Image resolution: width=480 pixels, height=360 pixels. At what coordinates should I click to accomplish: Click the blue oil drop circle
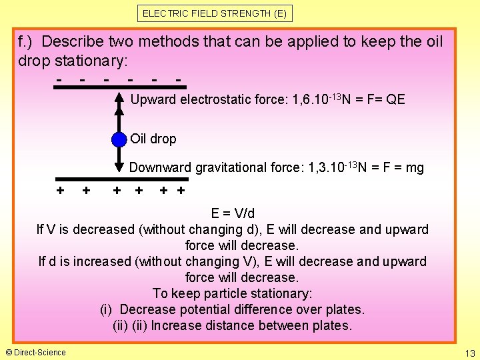pos(119,139)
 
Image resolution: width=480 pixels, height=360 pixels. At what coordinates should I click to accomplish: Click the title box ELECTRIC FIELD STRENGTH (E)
pos(216,13)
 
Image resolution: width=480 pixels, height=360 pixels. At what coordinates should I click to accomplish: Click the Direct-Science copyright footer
pos(36,352)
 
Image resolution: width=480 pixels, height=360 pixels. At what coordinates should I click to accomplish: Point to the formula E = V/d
pos(233,213)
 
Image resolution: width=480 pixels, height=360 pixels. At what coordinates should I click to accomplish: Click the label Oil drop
pos(153,139)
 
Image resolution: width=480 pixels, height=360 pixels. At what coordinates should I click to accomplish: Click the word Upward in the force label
pos(153,100)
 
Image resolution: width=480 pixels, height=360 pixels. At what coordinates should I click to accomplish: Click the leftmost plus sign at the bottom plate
pos(61,191)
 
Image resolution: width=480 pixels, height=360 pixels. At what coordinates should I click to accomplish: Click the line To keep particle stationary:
pos(233,293)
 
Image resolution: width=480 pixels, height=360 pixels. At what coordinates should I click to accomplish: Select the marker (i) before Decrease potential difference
pos(107,309)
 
